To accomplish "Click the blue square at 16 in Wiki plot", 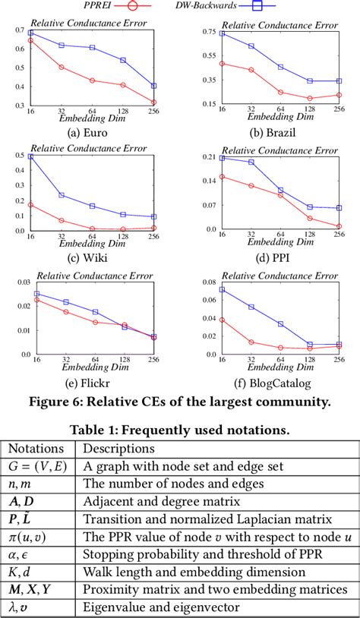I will [30, 156].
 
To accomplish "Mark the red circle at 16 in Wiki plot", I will [30, 204].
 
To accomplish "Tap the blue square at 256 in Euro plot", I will [154, 86].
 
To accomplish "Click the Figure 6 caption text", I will [180, 402].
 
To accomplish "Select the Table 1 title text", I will [180, 429].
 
